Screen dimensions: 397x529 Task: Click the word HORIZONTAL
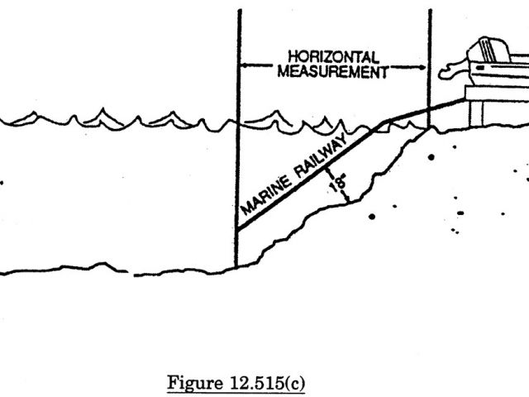click(333, 57)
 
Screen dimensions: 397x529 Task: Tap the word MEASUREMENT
click(333, 71)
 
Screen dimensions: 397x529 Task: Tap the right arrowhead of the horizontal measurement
click(426, 63)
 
